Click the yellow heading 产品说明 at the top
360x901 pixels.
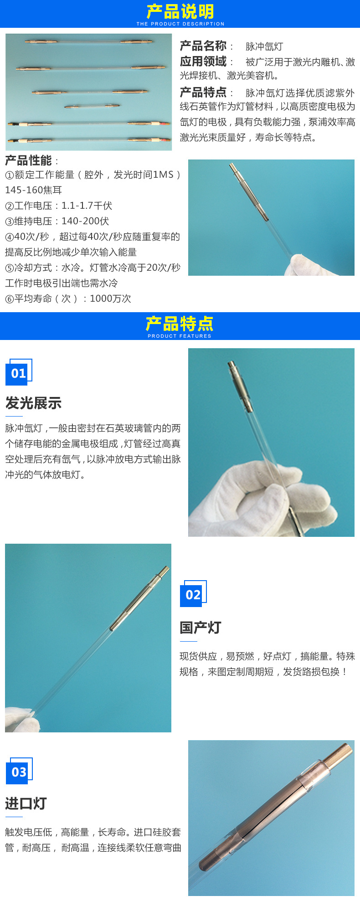pyautogui.click(x=180, y=11)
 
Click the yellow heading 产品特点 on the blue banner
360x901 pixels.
pyautogui.click(x=180, y=324)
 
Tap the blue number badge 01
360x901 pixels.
pyautogui.click(x=18, y=373)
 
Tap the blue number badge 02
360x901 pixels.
pyautogui.click(x=193, y=595)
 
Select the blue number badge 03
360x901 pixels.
pyautogui.click(x=19, y=772)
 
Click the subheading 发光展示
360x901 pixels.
pyautogui.click(x=33, y=403)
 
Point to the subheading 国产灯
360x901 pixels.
pyautogui.click(x=200, y=628)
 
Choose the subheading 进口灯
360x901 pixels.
pyautogui.click(x=26, y=803)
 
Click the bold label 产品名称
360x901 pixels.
pyautogui.click(x=203, y=46)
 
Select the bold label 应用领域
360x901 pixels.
pyautogui.click(x=203, y=62)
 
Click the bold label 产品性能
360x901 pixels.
pyautogui.click(x=28, y=160)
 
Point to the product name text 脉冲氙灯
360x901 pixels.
pyautogui.click(x=264, y=46)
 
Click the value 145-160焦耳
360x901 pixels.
pyautogui.click(x=33, y=190)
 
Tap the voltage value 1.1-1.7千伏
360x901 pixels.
pyautogui.click(x=87, y=206)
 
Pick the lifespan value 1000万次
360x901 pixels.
pyautogui.click(x=110, y=299)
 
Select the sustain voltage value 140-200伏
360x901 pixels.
pyautogui.click(x=85, y=221)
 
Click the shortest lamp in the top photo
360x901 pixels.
pyautogui.click(x=92, y=106)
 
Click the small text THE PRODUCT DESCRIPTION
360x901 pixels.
pyautogui.click(x=180, y=24)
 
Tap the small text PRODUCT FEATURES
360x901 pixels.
pyautogui.click(x=180, y=336)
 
